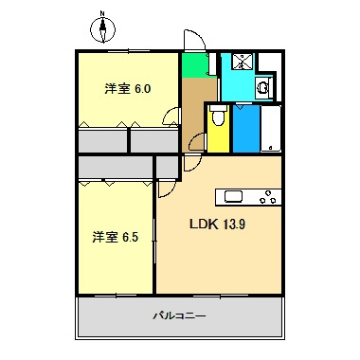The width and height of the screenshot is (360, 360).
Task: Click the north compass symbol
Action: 102,29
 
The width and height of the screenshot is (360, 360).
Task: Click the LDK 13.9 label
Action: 218,225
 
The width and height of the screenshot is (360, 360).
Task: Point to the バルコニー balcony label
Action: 179,315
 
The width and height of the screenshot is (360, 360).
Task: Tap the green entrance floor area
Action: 194,66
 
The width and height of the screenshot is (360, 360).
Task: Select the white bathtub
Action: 271,128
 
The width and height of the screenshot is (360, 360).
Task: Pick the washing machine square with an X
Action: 243,62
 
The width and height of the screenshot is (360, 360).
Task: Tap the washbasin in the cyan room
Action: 264,87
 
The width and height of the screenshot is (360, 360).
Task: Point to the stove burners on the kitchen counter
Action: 267,198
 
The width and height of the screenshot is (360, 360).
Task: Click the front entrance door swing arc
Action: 193,41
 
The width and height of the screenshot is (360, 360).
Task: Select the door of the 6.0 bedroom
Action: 171,117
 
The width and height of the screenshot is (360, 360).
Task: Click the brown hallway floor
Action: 197,109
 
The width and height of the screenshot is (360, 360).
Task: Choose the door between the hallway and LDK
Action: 196,143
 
